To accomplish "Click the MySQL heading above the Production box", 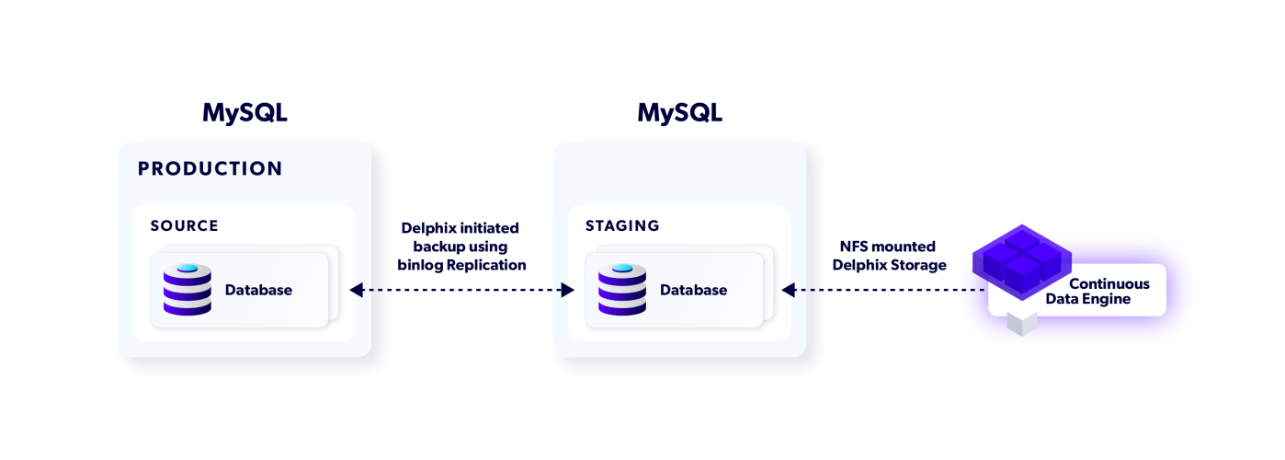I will coord(244,113).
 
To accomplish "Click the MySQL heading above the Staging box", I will coord(679,113).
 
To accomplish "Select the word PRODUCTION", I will coord(210,169).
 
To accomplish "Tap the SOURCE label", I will coord(185,226).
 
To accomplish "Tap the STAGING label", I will coord(622,226).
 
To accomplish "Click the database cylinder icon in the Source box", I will coord(188,290).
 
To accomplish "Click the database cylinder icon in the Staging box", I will coord(622,290).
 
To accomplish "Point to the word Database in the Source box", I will coord(258,291).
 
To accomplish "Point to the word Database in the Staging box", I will coord(693,291).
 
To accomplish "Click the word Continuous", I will coord(1109,284).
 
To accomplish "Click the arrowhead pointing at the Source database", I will coord(356,291).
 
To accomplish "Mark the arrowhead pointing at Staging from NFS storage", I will coord(788,291).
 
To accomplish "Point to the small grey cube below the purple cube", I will coord(1021,323).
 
